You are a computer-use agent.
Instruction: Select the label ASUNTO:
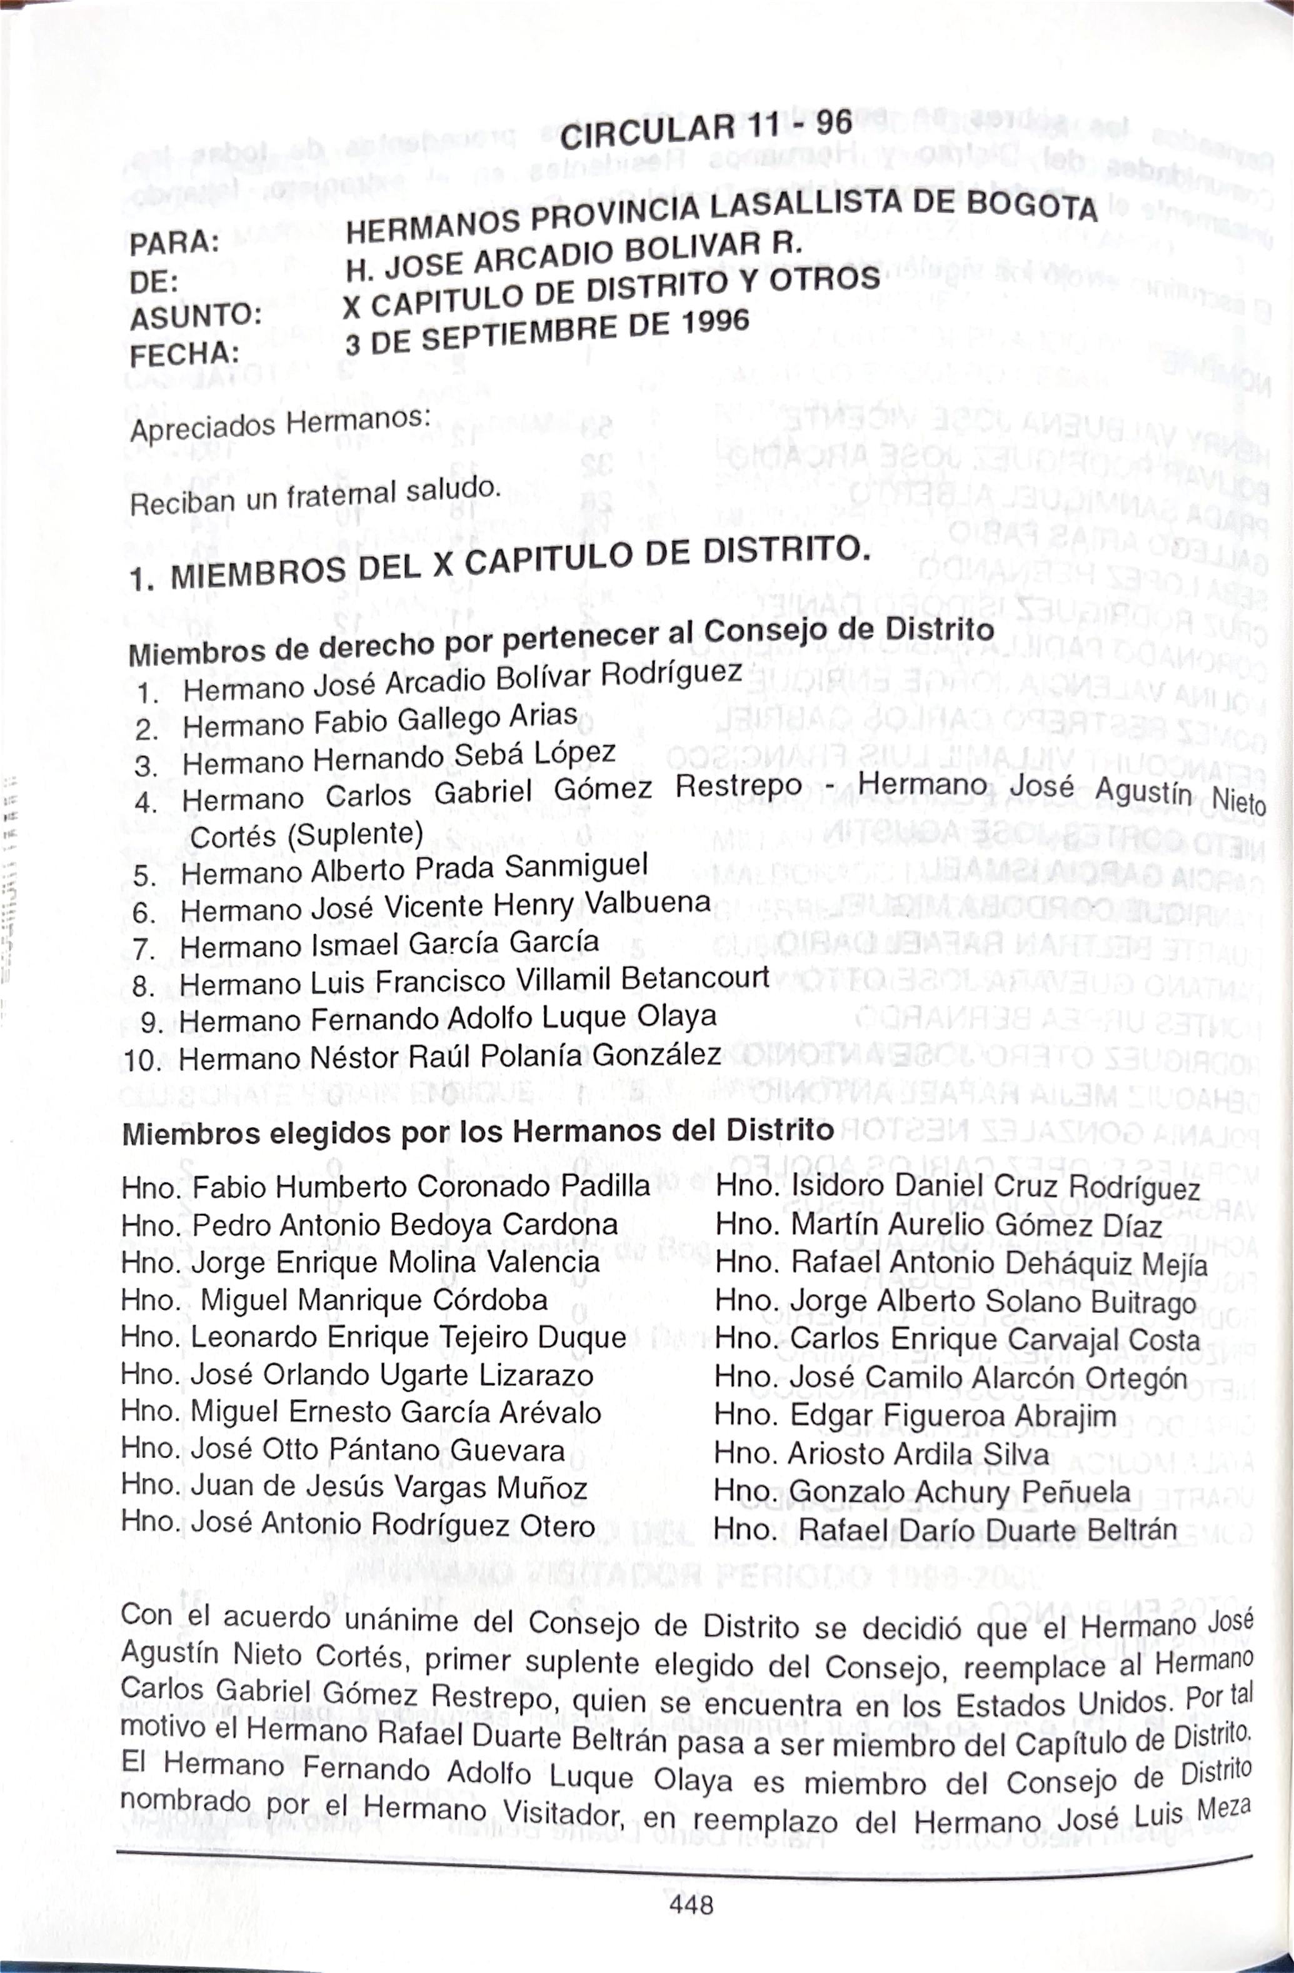point(196,317)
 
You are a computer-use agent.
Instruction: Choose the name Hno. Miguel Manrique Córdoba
point(334,1299)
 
